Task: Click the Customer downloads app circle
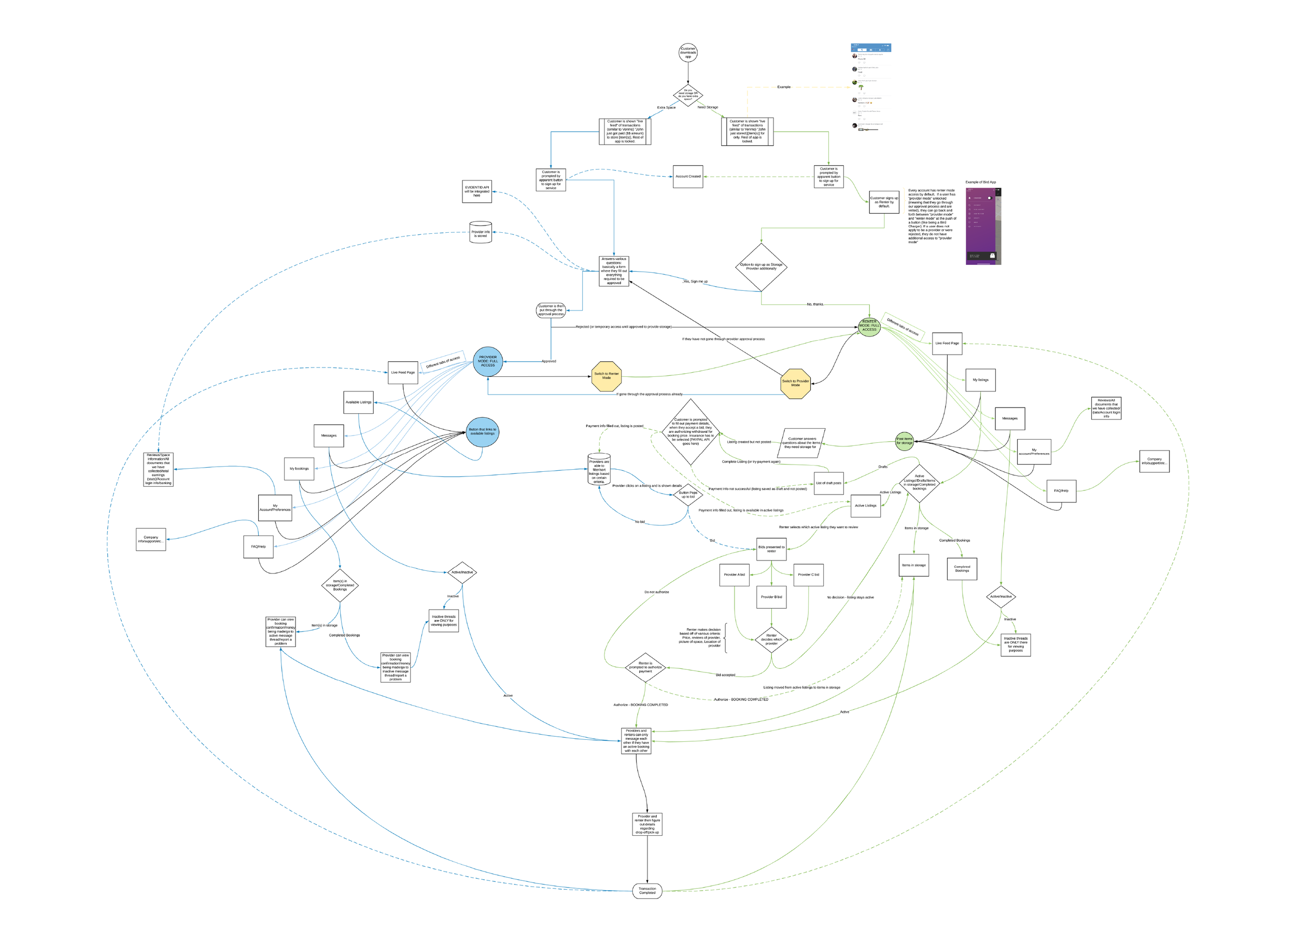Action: click(x=687, y=52)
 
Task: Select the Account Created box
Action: click(x=687, y=177)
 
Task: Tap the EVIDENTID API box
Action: click(x=476, y=191)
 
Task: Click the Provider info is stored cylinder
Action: click(x=481, y=233)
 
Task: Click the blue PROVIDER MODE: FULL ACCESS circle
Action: click(x=487, y=361)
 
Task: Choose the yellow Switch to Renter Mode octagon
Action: click(x=607, y=376)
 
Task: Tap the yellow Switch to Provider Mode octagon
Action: click(x=795, y=384)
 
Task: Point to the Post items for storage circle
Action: click(x=904, y=441)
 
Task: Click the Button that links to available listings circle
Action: click(x=482, y=432)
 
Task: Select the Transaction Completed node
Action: click(x=647, y=891)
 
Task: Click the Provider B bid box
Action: click(x=771, y=597)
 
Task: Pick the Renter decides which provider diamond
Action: click(x=771, y=640)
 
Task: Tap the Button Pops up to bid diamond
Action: click(x=687, y=495)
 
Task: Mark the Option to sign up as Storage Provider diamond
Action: click(x=760, y=267)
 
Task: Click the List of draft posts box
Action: click(x=828, y=484)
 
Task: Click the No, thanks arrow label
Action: click(x=815, y=305)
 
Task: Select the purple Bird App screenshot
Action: click(x=983, y=227)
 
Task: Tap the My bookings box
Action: click(x=299, y=469)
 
